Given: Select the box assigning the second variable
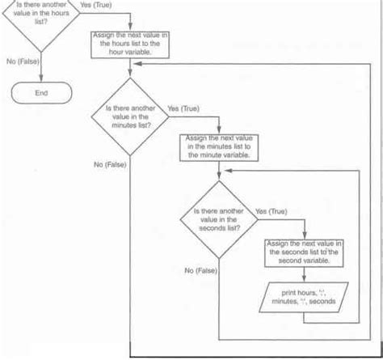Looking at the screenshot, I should tap(306, 252).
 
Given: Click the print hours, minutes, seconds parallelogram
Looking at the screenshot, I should tap(306, 299).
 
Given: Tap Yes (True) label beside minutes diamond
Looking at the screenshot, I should tap(184, 107).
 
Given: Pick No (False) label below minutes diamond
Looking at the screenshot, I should tap(110, 164).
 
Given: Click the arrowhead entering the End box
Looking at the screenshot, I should tap(40, 82).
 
